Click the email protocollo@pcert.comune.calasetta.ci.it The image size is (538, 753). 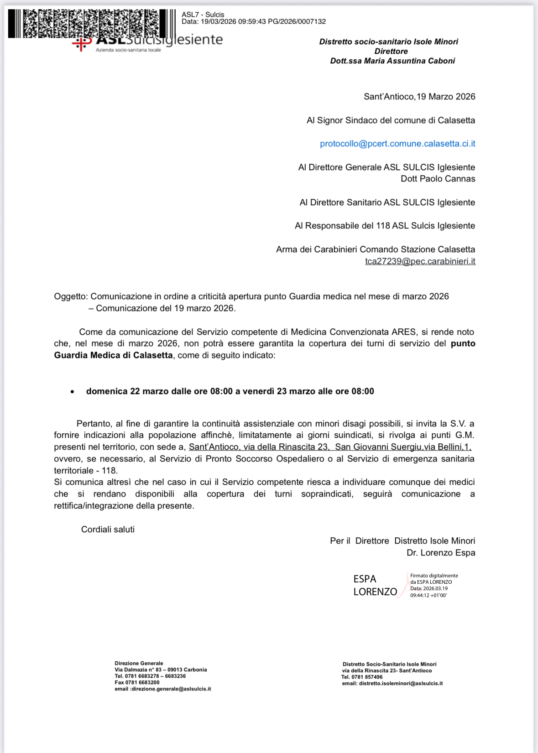pyautogui.click(x=397, y=144)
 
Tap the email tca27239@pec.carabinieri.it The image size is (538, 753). pyautogui.click(x=420, y=261)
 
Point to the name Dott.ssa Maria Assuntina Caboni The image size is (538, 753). pyautogui.click(x=392, y=61)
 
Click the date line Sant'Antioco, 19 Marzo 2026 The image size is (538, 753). pyautogui.click(x=419, y=97)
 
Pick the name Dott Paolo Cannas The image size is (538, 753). pyautogui.click(x=438, y=179)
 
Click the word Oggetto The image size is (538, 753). pyautogui.click(x=70, y=296)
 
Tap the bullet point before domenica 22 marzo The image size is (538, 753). pyautogui.click(x=72, y=392)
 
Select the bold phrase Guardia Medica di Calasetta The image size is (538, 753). pyautogui.click(x=113, y=355)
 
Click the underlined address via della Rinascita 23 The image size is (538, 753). pyautogui.click(x=293, y=447)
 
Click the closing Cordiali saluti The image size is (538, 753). pyautogui.click(x=108, y=530)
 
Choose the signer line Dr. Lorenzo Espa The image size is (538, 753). pyautogui.click(x=441, y=553)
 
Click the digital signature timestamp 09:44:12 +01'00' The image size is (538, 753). pyautogui.click(x=428, y=595)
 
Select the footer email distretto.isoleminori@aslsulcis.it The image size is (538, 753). pyautogui.click(x=401, y=683)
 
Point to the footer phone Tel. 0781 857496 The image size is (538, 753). pyautogui.click(x=362, y=677)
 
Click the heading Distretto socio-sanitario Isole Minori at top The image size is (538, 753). pyautogui.click(x=388, y=42)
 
